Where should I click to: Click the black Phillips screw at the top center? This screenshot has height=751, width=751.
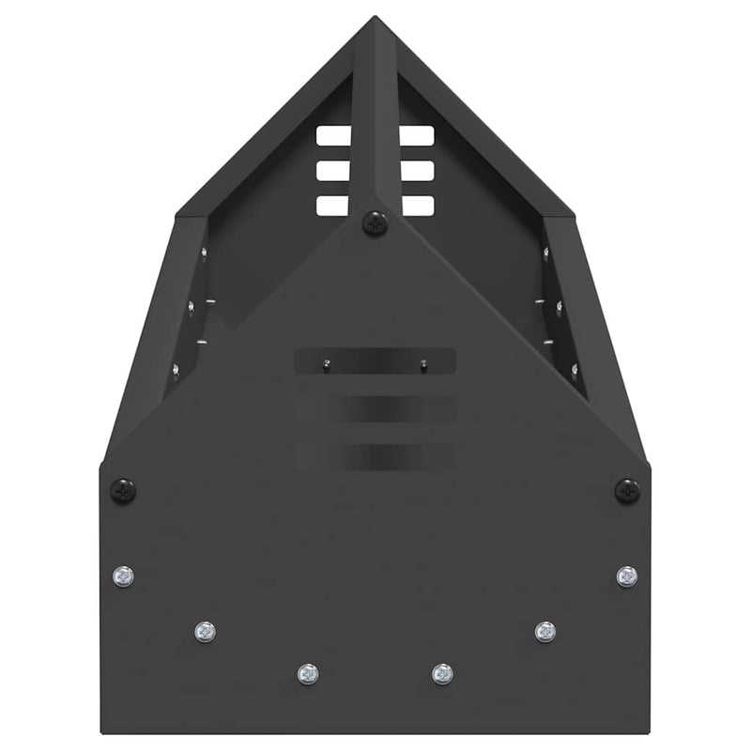click(x=375, y=222)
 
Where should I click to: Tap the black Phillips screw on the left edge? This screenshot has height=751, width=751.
click(x=123, y=490)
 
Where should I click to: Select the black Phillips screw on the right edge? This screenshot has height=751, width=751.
click(x=627, y=490)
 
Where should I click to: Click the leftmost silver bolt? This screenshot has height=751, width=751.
click(x=123, y=575)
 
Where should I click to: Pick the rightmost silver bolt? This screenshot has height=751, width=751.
click(x=627, y=575)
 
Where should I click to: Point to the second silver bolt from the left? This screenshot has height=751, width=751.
click(x=205, y=632)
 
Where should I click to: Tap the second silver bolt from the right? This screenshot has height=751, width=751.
click(x=545, y=632)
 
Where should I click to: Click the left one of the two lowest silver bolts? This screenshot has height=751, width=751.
click(x=307, y=673)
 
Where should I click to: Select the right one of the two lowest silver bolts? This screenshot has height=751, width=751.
click(x=442, y=673)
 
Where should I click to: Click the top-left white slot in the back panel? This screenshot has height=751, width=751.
click(x=333, y=136)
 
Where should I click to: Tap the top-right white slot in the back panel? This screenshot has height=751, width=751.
click(x=416, y=136)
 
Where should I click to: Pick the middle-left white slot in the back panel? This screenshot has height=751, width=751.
click(x=333, y=171)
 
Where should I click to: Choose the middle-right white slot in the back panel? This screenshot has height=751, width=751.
click(x=416, y=171)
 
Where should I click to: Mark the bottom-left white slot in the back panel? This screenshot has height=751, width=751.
click(x=333, y=206)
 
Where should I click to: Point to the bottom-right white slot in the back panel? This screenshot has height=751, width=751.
click(x=416, y=206)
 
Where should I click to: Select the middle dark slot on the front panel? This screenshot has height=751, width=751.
click(x=375, y=408)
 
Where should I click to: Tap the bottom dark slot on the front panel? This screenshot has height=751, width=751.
click(x=375, y=457)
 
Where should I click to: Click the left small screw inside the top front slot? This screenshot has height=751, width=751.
click(x=326, y=363)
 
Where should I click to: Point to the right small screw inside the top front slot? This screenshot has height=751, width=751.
click(x=424, y=363)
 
